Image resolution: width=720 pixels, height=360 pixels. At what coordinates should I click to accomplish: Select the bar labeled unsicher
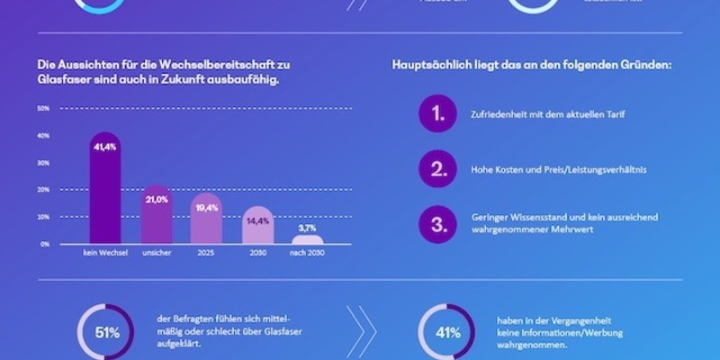click(157, 215)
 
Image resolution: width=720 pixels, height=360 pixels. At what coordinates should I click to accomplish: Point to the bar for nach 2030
click(308, 238)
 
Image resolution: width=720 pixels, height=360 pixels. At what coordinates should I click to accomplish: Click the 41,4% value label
click(104, 146)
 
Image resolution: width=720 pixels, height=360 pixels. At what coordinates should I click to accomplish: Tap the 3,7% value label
click(308, 229)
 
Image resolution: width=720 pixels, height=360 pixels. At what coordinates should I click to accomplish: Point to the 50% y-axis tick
click(43, 109)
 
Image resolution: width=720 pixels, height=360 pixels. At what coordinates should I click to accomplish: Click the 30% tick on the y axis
click(43, 163)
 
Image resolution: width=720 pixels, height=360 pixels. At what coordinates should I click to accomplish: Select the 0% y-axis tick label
click(44, 244)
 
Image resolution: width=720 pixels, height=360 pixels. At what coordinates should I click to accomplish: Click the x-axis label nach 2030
click(308, 254)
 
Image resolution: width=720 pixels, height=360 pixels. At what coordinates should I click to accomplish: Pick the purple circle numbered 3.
click(437, 223)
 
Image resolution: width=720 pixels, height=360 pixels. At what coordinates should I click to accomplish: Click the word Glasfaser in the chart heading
click(61, 78)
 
